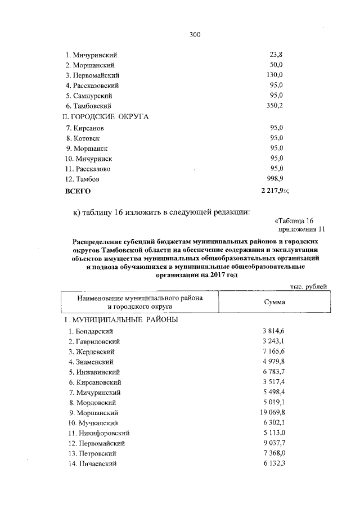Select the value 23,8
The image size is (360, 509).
tap(276, 55)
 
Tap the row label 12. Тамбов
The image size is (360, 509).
tap(83, 179)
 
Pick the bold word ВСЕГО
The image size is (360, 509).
tap(78, 191)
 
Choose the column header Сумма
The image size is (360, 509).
tap(274, 302)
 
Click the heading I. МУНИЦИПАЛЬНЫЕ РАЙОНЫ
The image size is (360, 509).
tap(120, 319)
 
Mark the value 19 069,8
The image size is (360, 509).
tap(274, 413)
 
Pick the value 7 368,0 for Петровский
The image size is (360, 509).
tap(274, 453)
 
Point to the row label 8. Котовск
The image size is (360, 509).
tap(82, 138)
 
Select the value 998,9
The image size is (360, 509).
tap(276, 179)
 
